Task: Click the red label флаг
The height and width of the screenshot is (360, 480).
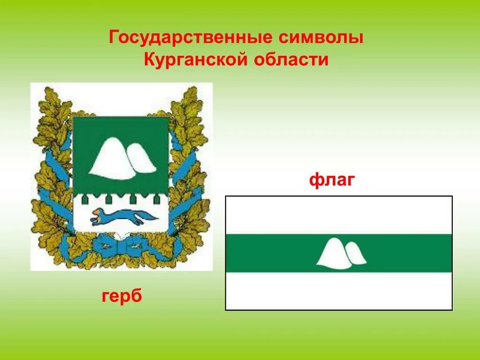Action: pos(331,180)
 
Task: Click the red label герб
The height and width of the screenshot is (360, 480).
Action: pos(122,296)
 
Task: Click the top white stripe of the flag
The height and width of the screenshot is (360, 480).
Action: pos(338,215)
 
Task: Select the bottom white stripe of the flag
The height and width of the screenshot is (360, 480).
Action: pos(338,291)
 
